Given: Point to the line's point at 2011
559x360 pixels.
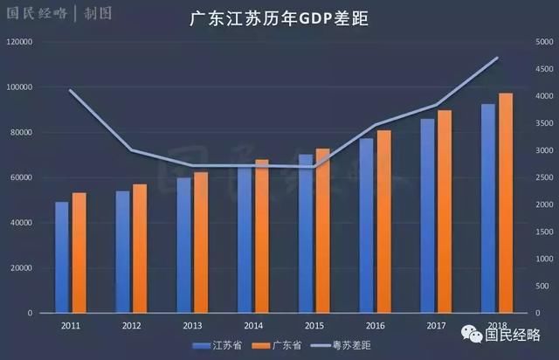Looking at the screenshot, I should [x=70, y=90].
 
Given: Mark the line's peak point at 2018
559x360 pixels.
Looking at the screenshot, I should [x=497, y=58].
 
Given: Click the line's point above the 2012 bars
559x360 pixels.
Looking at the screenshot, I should [x=131, y=150].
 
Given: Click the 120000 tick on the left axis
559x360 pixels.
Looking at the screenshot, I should [x=19, y=42].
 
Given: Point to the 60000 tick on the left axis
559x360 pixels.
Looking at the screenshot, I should [x=22, y=177].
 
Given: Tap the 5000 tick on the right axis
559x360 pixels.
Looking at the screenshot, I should [x=544, y=42].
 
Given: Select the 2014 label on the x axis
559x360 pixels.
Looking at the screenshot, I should [x=253, y=325].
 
